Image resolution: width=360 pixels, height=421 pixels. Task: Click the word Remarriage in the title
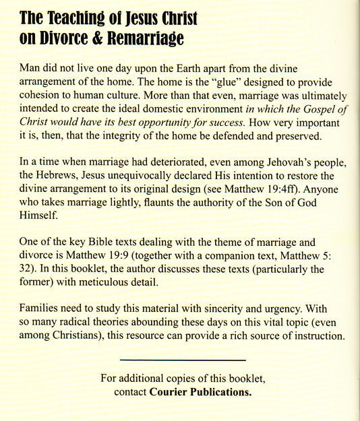click(144, 39)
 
